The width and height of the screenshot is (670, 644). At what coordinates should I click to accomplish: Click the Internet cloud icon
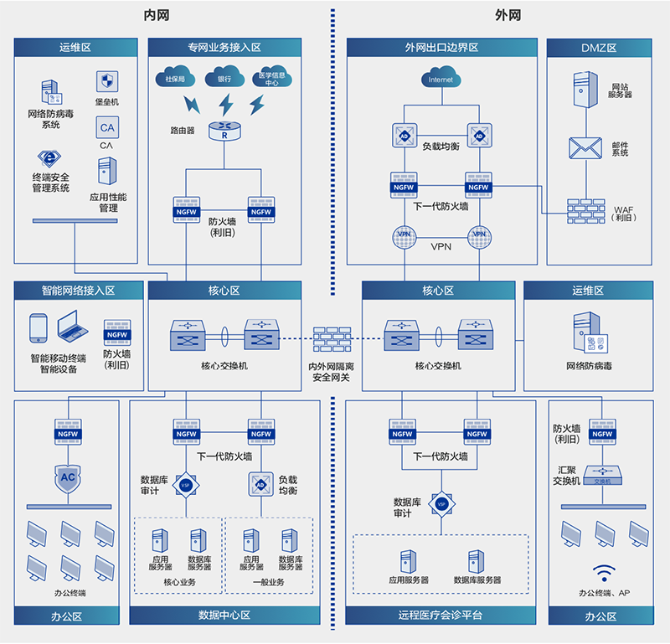click(x=441, y=80)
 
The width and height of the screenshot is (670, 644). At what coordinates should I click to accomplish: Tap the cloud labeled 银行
click(x=224, y=79)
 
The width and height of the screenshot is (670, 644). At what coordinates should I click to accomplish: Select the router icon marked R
click(x=224, y=131)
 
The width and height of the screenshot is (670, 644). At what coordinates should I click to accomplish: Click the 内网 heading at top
click(x=157, y=15)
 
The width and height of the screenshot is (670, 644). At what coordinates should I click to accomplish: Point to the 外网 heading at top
click(x=508, y=15)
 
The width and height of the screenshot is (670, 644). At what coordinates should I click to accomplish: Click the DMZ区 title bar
click(x=598, y=48)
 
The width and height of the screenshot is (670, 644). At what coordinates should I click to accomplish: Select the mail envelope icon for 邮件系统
click(x=585, y=148)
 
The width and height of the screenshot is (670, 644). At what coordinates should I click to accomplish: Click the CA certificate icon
click(x=106, y=128)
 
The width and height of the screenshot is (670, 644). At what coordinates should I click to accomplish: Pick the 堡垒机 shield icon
click(x=106, y=82)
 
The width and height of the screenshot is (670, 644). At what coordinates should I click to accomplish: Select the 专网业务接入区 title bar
click(x=224, y=48)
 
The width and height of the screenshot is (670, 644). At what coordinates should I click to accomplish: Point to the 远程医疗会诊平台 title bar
click(x=441, y=615)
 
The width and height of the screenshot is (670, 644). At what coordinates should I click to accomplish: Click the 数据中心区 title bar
click(x=224, y=615)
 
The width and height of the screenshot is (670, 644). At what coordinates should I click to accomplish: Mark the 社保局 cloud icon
click(x=174, y=79)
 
